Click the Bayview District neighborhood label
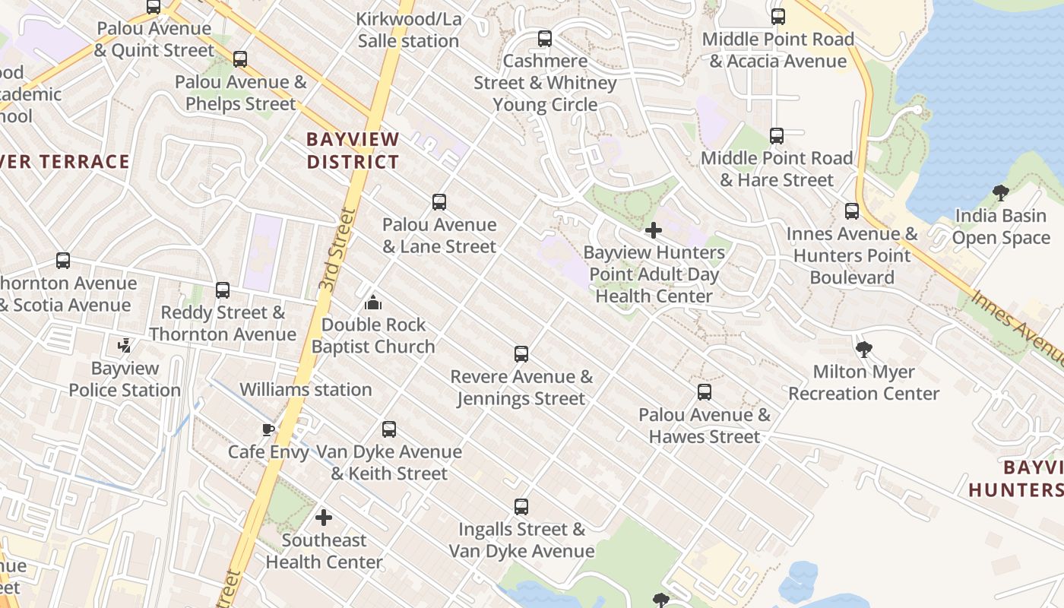click(353, 150)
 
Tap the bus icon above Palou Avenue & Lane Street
click(439, 202)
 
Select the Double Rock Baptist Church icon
click(372, 302)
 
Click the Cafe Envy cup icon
click(268, 429)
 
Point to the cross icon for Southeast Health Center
click(324, 518)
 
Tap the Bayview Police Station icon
click(125, 347)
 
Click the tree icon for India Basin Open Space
click(1000, 193)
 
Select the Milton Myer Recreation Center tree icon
click(863, 350)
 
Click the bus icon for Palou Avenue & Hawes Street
click(705, 392)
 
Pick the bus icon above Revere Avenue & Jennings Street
click(521, 354)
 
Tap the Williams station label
click(306, 390)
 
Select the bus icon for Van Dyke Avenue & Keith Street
click(389, 429)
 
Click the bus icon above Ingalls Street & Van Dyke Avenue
click(521, 507)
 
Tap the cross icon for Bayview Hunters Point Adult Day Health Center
click(653, 230)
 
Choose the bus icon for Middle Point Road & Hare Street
click(776, 136)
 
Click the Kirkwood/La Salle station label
click(409, 30)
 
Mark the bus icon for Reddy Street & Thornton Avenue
click(222, 290)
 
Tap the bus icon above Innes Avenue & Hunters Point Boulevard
click(852, 211)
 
